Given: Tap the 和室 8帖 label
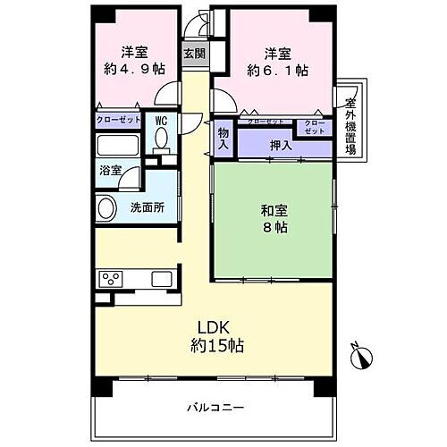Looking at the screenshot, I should point(273,218).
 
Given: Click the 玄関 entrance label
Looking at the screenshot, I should point(194,53).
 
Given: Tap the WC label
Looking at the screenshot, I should point(162,119).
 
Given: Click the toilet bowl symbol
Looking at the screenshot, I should point(162,139).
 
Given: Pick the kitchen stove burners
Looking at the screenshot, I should point(113,277).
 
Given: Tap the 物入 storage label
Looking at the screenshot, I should point(223,139).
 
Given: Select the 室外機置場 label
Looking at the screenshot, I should point(351,121).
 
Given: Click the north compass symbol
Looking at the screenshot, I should point(360,358).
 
